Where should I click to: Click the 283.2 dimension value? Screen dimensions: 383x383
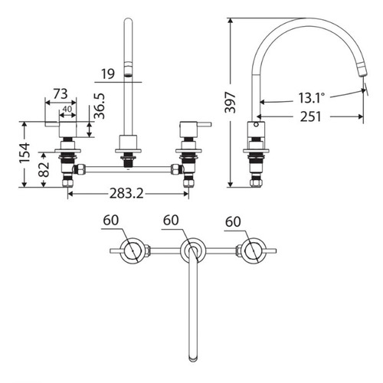(x=126, y=193)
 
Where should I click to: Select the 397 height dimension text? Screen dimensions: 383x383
(x=230, y=102)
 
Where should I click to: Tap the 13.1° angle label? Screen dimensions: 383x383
(x=312, y=98)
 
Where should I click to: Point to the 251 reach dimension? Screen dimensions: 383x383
(x=310, y=116)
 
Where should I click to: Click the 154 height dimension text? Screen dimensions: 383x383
(x=25, y=152)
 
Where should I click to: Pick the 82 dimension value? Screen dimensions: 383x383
(x=44, y=169)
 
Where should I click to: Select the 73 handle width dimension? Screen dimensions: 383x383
(x=61, y=94)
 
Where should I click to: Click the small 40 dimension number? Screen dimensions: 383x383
(x=67, y=109)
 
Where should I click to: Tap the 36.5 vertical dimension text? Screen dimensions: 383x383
(x=100, y=106)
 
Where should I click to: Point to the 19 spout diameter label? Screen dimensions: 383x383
(x=108, y=74)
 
